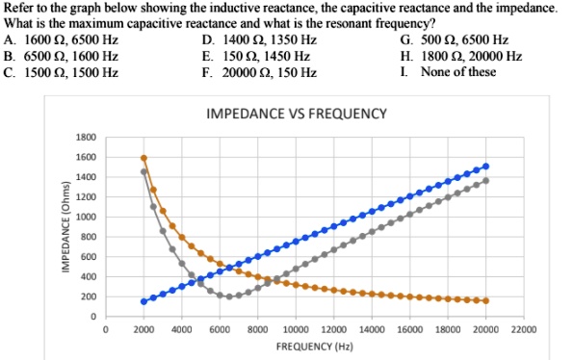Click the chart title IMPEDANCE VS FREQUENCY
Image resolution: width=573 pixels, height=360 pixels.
click(297, 115)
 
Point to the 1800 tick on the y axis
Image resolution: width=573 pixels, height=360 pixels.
click(87, 137)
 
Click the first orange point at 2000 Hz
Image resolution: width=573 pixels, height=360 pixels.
click(143, 158)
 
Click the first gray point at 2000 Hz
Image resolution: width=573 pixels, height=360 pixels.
click(143, 171)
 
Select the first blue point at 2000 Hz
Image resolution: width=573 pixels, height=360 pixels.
click(143, 301)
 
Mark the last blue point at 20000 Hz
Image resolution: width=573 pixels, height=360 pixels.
click(485, 167)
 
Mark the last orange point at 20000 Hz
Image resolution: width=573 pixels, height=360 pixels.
click(485, 300)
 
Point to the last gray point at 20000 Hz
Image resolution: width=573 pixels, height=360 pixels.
click(485, 181)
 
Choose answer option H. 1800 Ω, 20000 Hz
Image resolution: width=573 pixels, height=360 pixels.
click(460, 56)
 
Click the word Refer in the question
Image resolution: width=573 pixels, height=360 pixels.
click(18, 7)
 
